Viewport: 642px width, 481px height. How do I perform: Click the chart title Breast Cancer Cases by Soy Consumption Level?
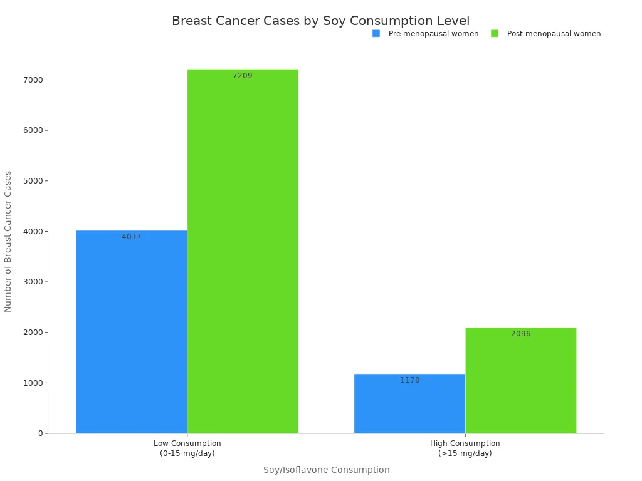[x=320, y=21]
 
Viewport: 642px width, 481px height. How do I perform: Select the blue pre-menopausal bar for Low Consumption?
[x=132, y=332]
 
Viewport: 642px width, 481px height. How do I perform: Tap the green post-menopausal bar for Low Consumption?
[x=243, y=251]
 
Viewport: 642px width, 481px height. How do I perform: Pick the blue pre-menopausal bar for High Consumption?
[x=409, y=403]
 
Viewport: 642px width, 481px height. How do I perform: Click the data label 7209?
[x=243, y=76]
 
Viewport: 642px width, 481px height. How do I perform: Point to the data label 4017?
[x=132, y=237]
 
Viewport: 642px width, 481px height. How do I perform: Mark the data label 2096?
[x=520, y=334]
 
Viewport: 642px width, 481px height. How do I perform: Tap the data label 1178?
[x=409, y=380]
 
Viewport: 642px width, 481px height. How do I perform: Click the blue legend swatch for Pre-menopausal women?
[x=376, y=34]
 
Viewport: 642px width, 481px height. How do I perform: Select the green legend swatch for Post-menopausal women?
[x=494, y=34]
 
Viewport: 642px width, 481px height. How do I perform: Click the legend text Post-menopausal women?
[x=554, y=34]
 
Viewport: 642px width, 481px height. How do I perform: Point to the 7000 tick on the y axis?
[x=32, y=80]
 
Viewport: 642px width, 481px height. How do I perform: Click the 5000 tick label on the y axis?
[x=32, y=181]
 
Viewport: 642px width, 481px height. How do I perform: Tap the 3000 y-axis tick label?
[x=32, y=282]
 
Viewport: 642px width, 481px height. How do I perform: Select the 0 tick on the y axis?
[x=39, y=433]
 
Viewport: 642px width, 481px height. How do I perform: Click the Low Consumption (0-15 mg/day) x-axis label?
[x=187, y=448]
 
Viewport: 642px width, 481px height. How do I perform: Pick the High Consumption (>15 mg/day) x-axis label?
[x=465, y=448]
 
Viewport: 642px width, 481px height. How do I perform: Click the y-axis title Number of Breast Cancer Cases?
[x=8, y=241]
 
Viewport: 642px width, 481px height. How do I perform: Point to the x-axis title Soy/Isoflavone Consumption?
[x=326, y=470]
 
